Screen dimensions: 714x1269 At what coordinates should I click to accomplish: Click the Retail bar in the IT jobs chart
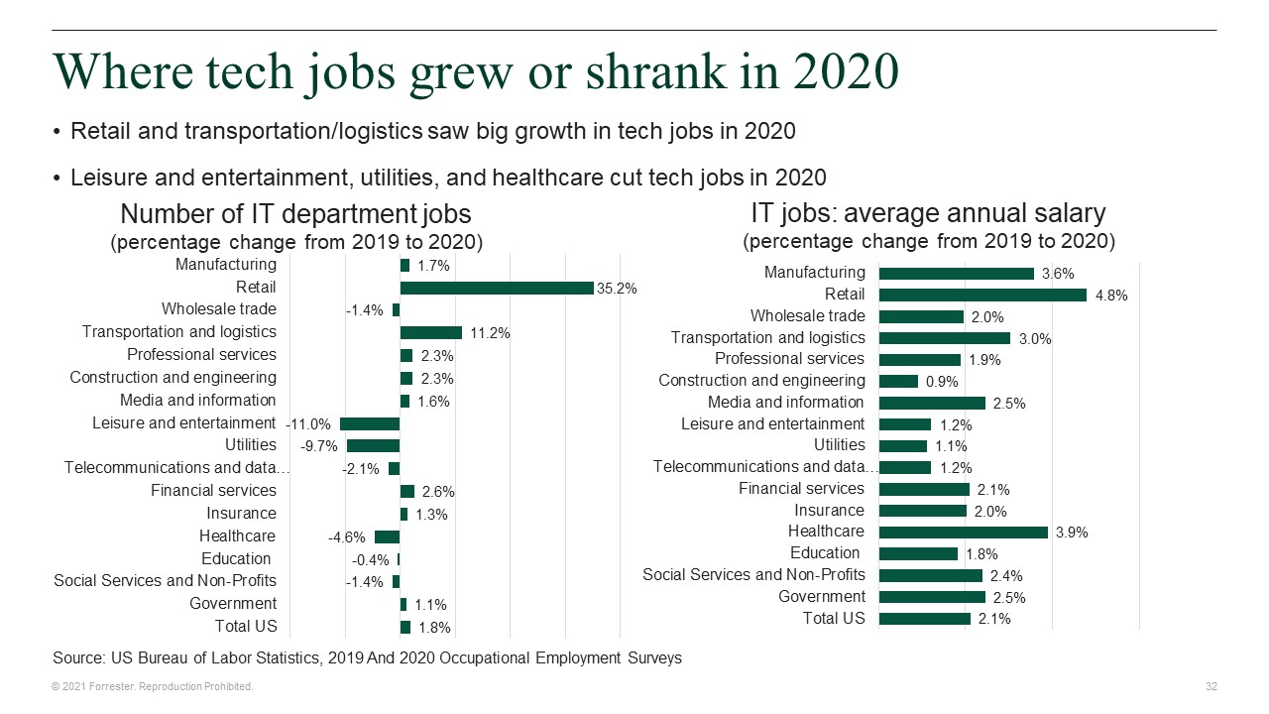[496, 288]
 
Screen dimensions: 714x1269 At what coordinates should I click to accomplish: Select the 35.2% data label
[617, 289]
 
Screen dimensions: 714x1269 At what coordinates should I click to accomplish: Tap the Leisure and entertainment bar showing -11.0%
[370, 423]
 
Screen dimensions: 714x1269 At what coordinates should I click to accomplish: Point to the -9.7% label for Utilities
[319, 446]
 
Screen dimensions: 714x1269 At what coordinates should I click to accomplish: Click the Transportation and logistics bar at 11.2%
[430, 333]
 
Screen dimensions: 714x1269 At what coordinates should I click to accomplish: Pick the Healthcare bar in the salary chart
[963, 532]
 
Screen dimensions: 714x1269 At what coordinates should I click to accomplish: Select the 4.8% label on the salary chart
[1111, 296]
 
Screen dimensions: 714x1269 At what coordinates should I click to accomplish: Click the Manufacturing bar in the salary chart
[956, 273]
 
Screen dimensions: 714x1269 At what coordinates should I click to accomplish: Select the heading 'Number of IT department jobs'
[295, 214]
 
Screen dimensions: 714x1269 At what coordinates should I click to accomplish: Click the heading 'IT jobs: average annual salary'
[928, 213]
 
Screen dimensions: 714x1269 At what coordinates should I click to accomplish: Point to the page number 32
[1211, 686]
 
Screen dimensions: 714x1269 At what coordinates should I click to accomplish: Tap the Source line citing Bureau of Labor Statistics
[367, 657]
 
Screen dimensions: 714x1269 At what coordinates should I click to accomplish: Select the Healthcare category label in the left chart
[237, 536]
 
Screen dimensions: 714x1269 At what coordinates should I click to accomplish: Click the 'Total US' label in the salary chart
[833, 619]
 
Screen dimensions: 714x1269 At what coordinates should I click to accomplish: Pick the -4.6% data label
[347, 537]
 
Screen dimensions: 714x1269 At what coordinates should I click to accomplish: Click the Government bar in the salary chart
[932, 597]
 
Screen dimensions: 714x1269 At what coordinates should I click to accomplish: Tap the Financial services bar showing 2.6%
[406, 491]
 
